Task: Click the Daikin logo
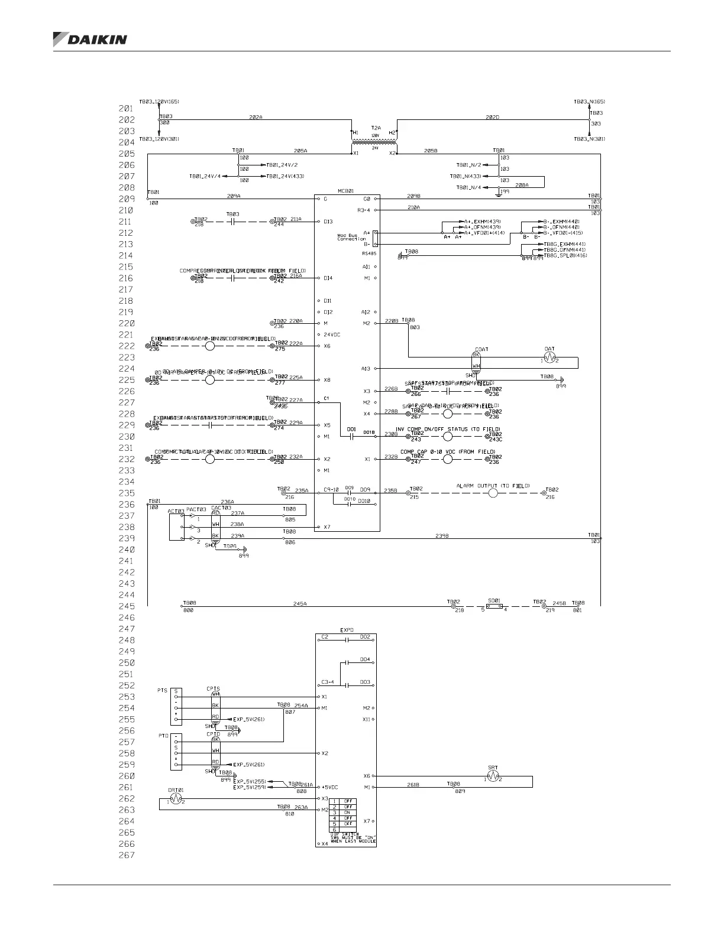tap(90, 39)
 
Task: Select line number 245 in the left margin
tap(127, 606)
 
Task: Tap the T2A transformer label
tap(376, 127)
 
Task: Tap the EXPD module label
tap(347, 630)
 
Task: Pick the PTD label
tap(163, 736)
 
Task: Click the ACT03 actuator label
tap(176, 511)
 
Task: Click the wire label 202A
tap(256, 117)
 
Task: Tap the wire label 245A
tap(300, 603)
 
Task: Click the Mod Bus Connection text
tap(351, 238)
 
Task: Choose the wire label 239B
tap(442, 535)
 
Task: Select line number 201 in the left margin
tap(127, 109)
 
